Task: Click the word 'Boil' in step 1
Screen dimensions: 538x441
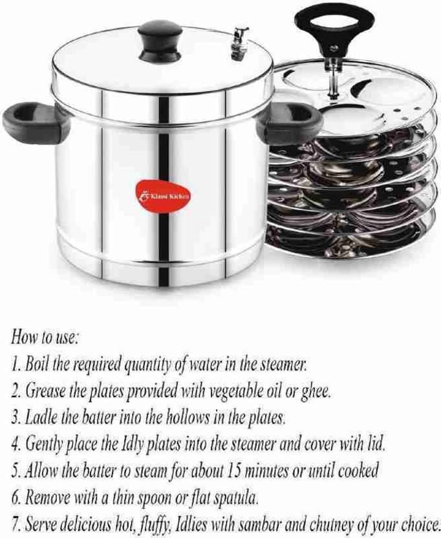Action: [x=36, y=364]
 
